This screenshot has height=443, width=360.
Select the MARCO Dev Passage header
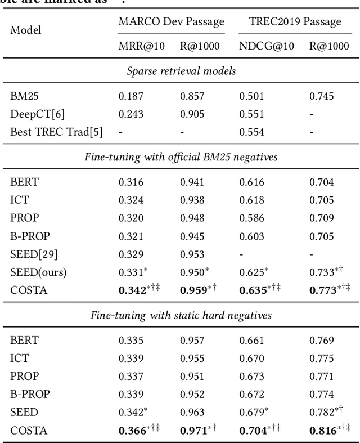tap(171, 22)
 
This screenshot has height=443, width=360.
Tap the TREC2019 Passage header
tap(295, 22)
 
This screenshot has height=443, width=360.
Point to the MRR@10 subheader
tap(141, 46)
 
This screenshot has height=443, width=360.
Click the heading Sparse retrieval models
tap(180, 71)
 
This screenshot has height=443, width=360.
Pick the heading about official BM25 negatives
tap(180, 157)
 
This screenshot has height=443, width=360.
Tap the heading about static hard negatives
tap(180, 315)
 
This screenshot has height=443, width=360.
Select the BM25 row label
tap(22, 96)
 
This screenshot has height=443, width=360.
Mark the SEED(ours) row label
tap(38, 273)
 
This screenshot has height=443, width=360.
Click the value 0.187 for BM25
tap(130, 96)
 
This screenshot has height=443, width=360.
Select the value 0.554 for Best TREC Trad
tap(251, 132)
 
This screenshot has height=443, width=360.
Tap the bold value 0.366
tap(132, 432)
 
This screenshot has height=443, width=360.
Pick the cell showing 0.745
tap(321, 96)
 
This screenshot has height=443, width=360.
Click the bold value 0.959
tap(192, 291)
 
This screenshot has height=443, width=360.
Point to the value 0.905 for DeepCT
tap(192, 114)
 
